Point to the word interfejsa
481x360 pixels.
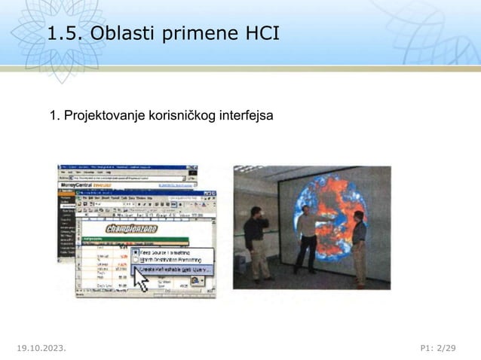click(x=246, y=117)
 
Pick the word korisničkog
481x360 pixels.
click(x=178, y=117)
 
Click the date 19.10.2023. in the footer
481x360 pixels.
click(x=41, y=348)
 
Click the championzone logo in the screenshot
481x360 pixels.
click(x=131, y=228)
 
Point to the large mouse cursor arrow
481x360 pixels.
click(x=140, y=277)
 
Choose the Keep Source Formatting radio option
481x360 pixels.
click(x=170, y=252)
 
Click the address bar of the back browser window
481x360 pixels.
click(x=128, y=178)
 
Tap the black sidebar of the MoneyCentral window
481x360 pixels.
click(x=67, y=226)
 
